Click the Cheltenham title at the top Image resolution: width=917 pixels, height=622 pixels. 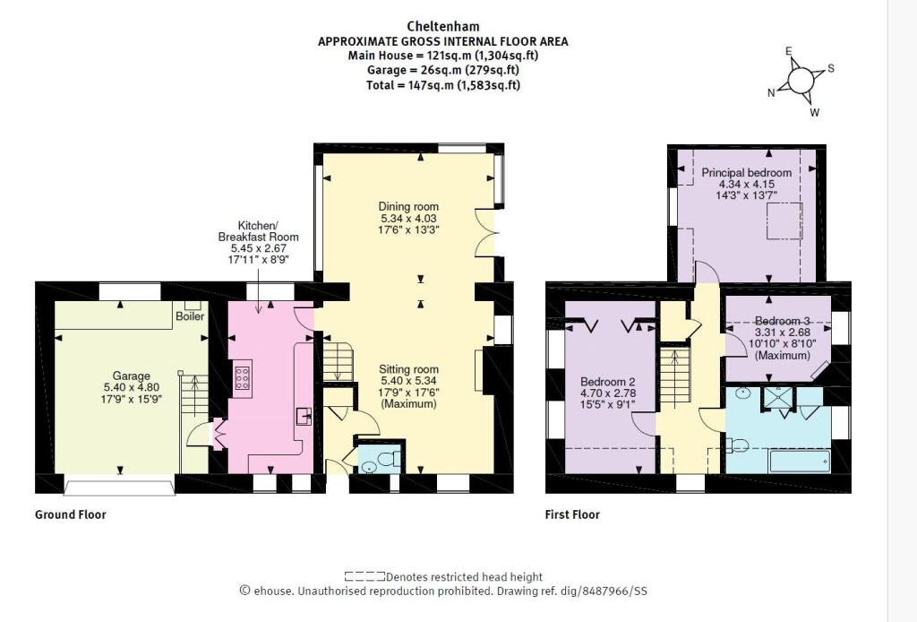[443, 27]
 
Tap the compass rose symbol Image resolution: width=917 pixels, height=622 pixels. [801, 80]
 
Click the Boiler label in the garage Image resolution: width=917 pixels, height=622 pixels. [190, 316]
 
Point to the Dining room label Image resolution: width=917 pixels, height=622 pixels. [407, 206]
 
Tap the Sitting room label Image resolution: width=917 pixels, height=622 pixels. [407, 368]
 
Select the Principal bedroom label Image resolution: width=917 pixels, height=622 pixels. [746, 172]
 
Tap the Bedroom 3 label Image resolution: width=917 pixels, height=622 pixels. [781, 321]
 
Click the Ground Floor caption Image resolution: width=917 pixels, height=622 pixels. [71, 514]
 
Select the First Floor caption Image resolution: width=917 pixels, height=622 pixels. [572, 514]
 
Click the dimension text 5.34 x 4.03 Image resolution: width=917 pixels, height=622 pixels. [407, 218]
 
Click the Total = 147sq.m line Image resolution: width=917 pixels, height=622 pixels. [443, 85]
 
